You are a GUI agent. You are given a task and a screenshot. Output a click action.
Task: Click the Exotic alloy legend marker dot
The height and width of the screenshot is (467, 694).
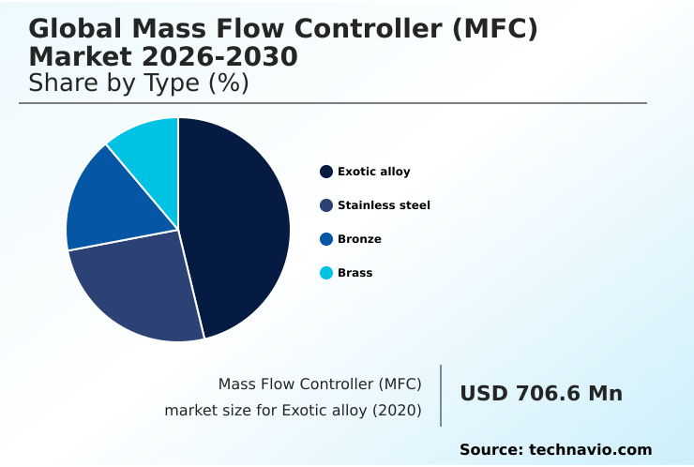point(326,172)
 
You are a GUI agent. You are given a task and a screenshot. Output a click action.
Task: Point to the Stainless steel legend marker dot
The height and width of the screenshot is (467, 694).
point(326,205)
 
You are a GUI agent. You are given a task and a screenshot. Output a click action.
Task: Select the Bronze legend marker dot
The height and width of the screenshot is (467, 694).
point(326,239)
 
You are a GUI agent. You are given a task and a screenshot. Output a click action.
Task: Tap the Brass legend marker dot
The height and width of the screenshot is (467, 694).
point(326,273)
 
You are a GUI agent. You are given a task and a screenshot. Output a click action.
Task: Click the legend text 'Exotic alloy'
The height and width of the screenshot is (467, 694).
point(373,172)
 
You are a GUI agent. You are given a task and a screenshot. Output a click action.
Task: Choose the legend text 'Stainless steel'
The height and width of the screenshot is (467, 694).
point(384,205)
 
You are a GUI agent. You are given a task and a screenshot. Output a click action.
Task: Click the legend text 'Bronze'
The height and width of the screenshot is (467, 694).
point(359,239)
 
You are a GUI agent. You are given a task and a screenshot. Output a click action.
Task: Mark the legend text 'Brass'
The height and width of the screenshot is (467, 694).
point(355,273)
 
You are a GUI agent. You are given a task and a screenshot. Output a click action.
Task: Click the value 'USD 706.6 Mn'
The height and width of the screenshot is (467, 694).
point(541,394)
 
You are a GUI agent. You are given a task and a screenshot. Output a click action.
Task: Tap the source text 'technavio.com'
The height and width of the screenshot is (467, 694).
point(590,450)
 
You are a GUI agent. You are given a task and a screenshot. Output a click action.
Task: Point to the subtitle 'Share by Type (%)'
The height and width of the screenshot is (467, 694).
point(139,83)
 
